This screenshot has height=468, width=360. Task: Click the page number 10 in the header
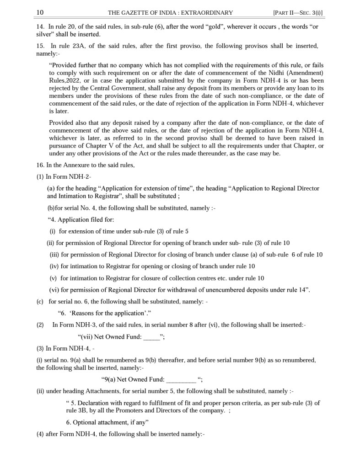(40, 12)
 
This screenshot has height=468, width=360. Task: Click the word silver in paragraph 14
(45, 34)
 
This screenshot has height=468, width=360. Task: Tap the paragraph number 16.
(40, 165)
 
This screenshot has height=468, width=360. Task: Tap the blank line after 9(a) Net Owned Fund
(181, 379)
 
